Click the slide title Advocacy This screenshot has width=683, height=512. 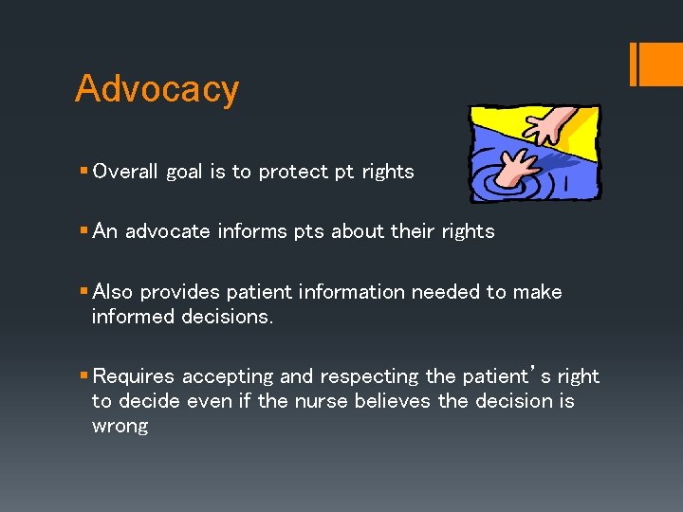coord(157,89)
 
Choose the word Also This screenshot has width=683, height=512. coord(115,292)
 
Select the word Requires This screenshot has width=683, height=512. coord(134,376)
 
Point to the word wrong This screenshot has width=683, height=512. coord(120,426)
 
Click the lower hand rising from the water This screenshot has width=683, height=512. coord(513,165)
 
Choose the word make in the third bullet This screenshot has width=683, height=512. coord(537,292)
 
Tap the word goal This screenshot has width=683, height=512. coord(185,173)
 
